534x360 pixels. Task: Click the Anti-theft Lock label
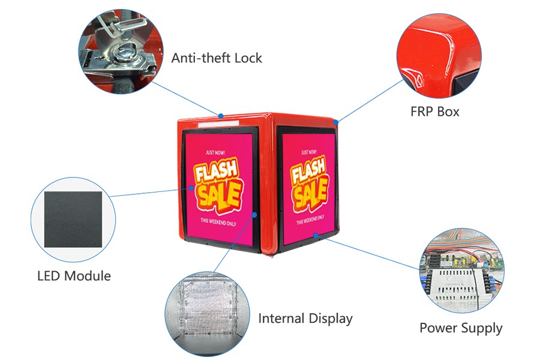(217, 58)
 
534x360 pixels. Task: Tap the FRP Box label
(435, 112)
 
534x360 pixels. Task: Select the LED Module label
(74, 276)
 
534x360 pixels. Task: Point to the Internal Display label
(305, 318)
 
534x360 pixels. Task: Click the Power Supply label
(461, 328)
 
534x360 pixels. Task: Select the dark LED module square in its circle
(73, 219)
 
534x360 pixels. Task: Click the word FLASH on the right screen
(309, 172)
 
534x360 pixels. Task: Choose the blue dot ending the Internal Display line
(255, 214)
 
